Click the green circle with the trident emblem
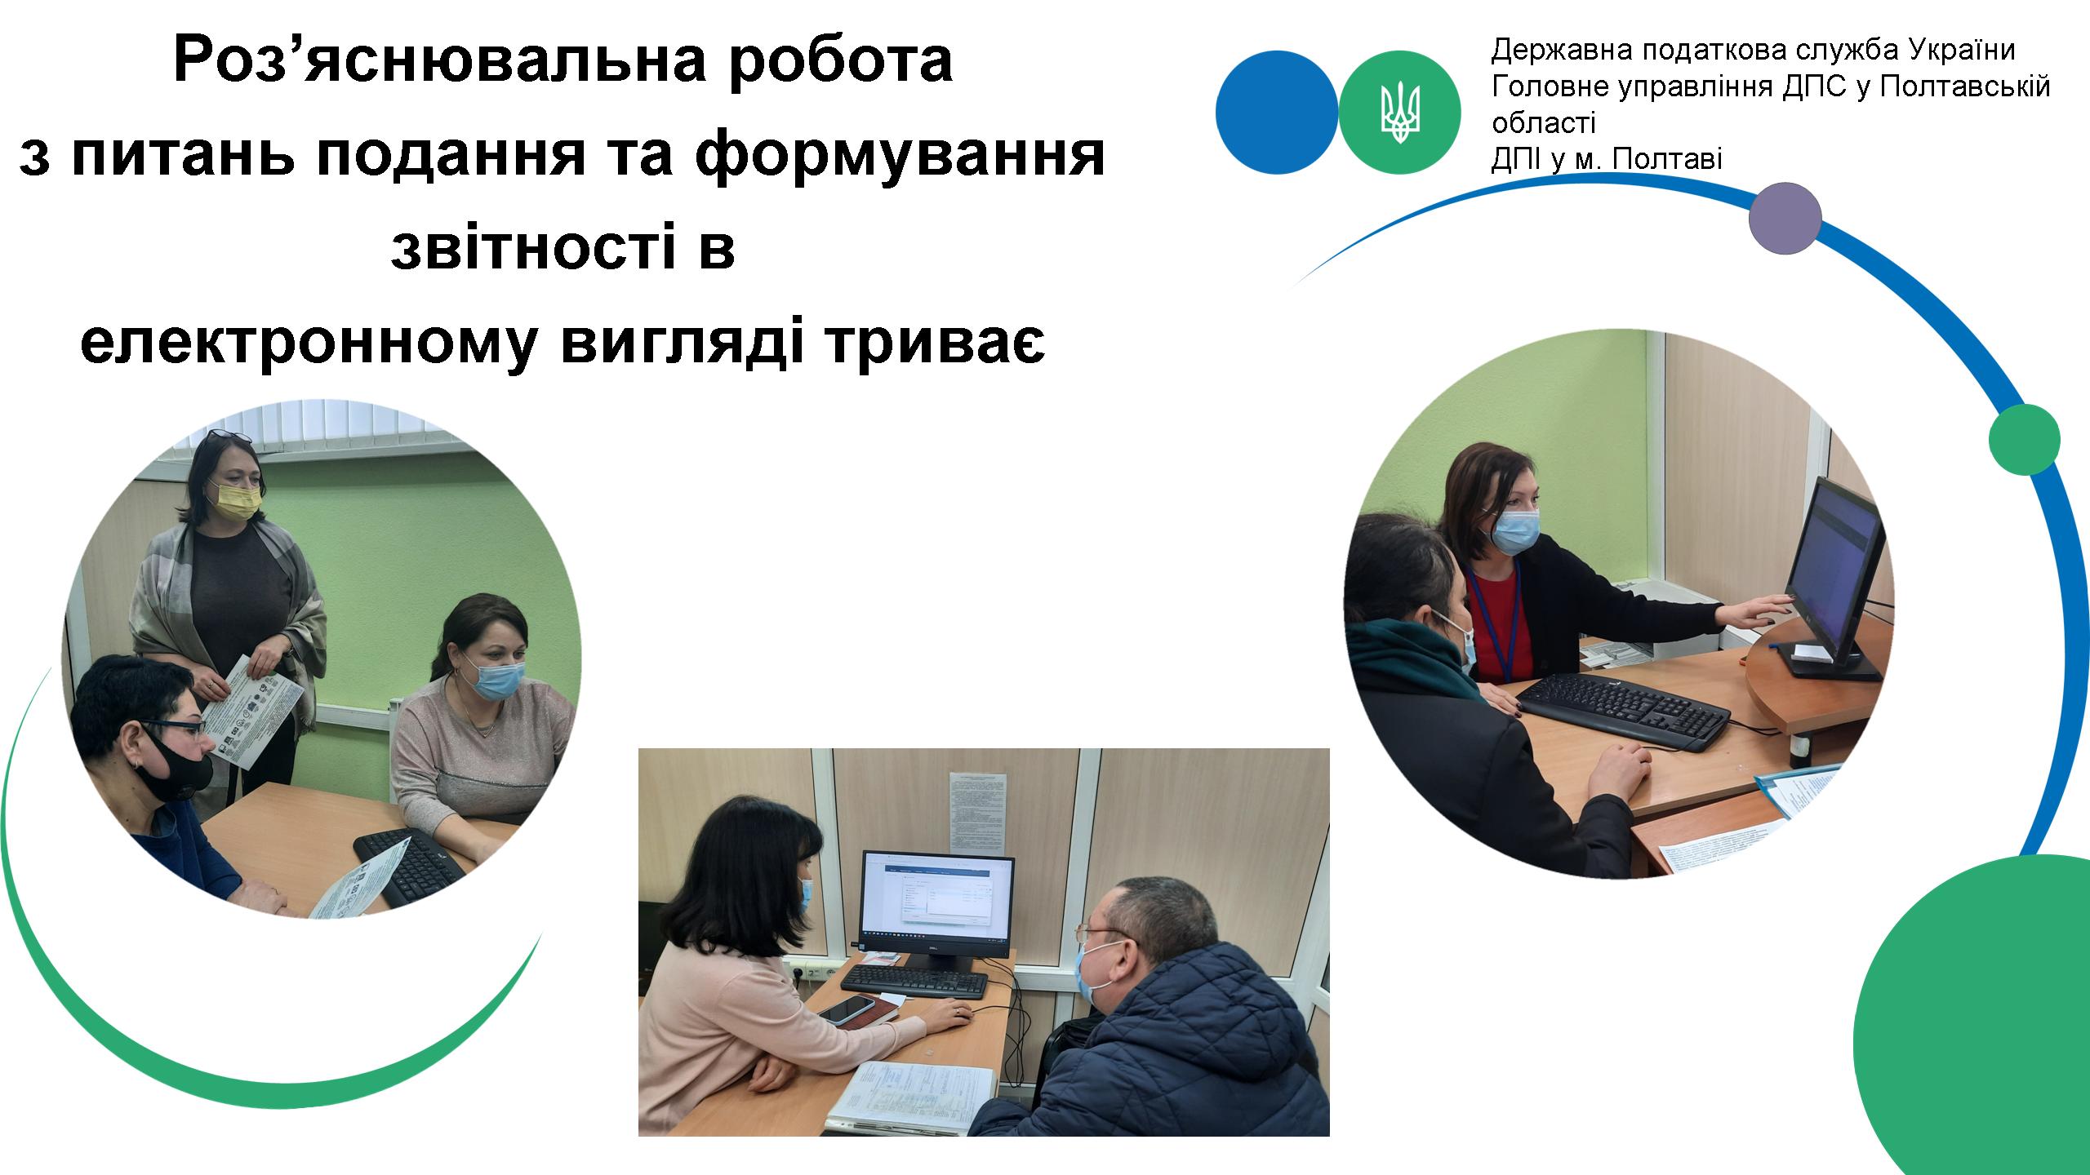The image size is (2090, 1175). (x=1400, y=112)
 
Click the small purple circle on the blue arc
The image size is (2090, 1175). (x=1785, y=218)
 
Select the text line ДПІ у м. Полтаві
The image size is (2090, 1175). (x=1607, y=158)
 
